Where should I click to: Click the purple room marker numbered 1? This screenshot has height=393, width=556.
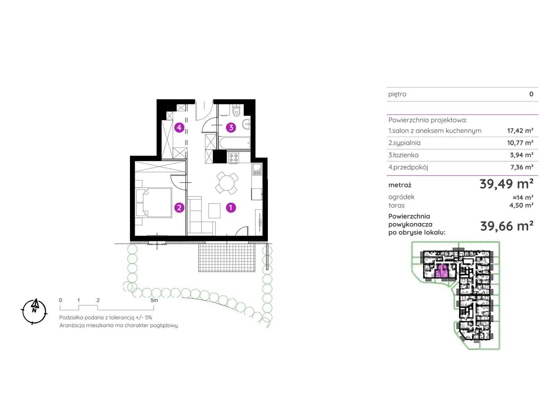231,207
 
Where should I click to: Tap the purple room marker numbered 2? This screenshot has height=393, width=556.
179,207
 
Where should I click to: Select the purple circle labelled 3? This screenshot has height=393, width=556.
231,127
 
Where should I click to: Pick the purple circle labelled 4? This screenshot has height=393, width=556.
179,127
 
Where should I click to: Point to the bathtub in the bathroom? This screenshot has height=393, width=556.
235,143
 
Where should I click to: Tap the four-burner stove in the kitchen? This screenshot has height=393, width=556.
233,158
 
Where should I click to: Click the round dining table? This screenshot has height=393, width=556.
227,183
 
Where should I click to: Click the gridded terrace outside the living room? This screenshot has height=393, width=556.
227,257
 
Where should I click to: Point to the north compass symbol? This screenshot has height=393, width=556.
34,312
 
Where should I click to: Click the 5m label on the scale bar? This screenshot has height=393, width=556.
154,300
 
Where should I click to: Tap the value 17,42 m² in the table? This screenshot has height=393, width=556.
520,131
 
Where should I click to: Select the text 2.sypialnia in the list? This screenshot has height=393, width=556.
404,143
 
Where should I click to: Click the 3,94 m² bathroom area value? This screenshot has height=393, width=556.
522,155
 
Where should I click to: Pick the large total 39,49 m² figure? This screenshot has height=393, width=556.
506,184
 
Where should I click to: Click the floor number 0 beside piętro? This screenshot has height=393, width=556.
531,94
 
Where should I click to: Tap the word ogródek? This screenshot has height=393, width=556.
401,197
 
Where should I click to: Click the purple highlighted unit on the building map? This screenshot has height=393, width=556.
442,271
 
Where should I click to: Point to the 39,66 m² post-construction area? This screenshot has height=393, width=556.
507,226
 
